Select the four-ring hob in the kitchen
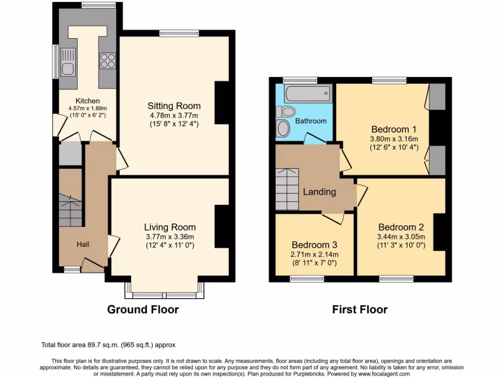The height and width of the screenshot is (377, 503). tap(108, 60)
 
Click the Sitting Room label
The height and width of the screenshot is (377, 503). tap(174, 106)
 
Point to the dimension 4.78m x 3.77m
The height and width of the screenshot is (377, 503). tap(174, 115)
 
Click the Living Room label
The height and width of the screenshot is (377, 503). tap(169, 227)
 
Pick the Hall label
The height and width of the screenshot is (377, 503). tap(83, 243)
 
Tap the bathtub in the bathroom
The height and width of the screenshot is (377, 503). tap(308, 93)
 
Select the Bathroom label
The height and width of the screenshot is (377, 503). tap(310, 121)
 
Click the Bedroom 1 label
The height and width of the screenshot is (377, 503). tap(394, 130)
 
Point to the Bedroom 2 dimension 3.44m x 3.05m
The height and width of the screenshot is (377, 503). tap(401, 237)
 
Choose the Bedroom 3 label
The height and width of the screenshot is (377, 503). tap(314, 244)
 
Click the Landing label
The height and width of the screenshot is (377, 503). tap(319, 192)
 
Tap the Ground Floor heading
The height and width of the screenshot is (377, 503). tap(143, 309)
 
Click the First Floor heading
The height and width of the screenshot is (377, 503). tap(360, 309)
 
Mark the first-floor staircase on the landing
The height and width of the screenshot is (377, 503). tap(287, 189)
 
